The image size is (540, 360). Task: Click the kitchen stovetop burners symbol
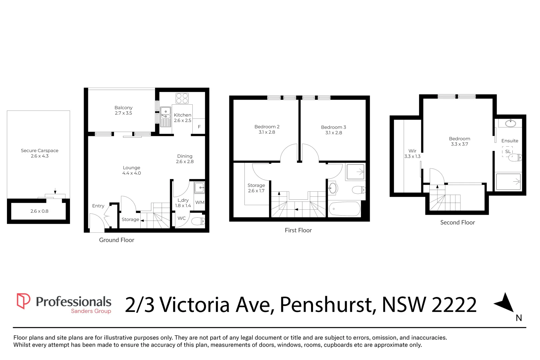tap(182, 98)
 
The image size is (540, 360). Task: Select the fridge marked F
tap(199, 127)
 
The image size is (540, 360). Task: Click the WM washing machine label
tap(200, 202)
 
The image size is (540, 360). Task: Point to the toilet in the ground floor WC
tap(198, 221)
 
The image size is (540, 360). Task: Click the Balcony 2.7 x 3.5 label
tap(123, 110)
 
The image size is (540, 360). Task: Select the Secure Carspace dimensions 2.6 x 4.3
tap(40, 156)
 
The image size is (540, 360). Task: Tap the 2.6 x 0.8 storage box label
tap(39, 211)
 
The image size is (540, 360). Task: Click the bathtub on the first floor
tap(344, 209)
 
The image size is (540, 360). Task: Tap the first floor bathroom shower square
tap(355, 172)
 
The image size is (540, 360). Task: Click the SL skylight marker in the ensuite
tap(507, 151)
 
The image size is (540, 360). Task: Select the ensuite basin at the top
tap(510, 123)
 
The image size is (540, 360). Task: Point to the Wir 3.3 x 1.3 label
tap(412, 153)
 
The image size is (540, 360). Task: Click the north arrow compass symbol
tap(506, 303)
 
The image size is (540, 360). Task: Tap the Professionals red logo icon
tap(23, 301)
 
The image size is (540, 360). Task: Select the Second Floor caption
tap(457, 222)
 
